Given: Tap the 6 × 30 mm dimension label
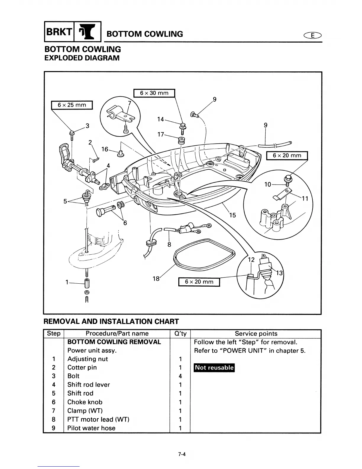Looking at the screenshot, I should pyautogui.click(x=154, y=93).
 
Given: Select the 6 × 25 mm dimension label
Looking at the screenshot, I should pyautogui.click(x=72, y=105).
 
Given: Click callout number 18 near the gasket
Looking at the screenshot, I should pyautogui.click(x=156, y=279).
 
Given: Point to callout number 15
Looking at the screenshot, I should pyautogui.click(x=232, y=215).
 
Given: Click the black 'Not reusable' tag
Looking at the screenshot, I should pyautogui.click(x=214, y=368).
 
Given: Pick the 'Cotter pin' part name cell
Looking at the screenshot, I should pyautogui.click(x=82, y=367).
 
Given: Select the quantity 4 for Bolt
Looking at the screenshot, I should pyautogui.click(x=180, y=376).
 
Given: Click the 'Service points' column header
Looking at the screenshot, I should pyautogui.click(x=256, y=334).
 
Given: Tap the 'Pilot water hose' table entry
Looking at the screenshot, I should pyautogui.click(x=91, y=428).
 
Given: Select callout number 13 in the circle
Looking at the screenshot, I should pyautogui.click(x=279, y=273).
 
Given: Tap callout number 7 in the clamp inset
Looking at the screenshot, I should pyautogui.click(x=129, y=103).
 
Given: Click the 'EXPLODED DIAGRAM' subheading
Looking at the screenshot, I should pyautogui.click(x=82, y=58).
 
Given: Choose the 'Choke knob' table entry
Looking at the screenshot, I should pyautogui.click(x=85, y=402).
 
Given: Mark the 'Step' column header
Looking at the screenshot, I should pyautogui.click(x=54, y=334).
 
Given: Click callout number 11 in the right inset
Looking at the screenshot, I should pyautogui.click(x=305, y=199).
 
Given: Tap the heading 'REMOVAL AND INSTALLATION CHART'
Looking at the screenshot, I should pyautogui.click(x=111, y=322).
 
